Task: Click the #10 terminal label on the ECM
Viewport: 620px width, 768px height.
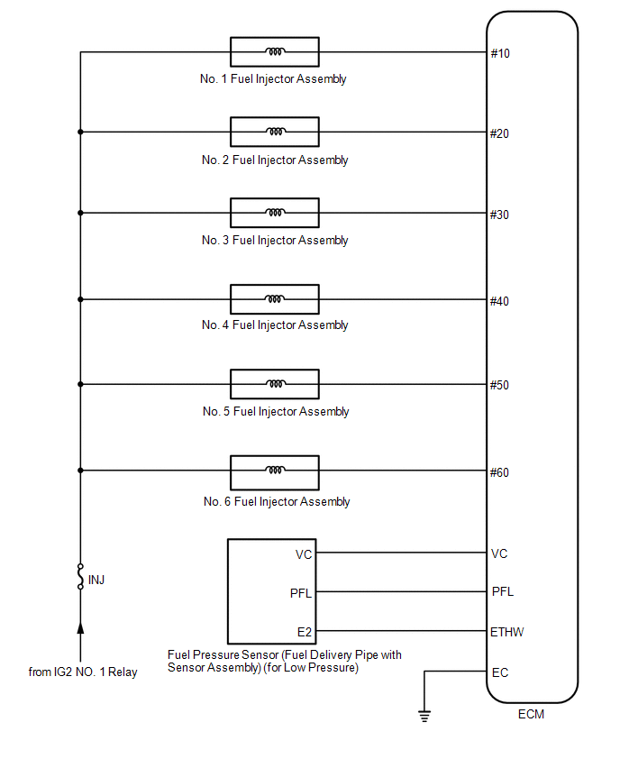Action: tap(500, 53)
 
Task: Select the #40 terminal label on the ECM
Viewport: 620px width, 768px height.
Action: tap(499, 301)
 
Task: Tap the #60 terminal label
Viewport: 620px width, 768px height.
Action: tap(499, 472)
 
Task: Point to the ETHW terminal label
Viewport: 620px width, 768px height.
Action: tap(506, 632)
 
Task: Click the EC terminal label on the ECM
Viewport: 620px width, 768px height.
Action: tap(500, 673)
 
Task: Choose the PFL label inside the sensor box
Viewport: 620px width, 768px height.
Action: tap(301, 594)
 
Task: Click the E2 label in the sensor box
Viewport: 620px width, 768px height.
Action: tap(304, 632)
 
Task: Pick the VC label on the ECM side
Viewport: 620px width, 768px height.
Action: tap(499, 554)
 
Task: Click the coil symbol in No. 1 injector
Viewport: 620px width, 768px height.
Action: tap(275, 51)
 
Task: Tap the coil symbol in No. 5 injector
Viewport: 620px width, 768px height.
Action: tap(275, 383)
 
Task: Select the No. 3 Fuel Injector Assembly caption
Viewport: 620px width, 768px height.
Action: tap(275, 241)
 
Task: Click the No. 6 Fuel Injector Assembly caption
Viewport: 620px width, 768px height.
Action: tap(277, 501)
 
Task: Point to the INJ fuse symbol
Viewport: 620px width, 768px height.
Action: tap(80, 576)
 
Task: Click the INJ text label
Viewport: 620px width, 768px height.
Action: tap(96, 580)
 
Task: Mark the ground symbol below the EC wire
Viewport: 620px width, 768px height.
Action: tap(424, 716)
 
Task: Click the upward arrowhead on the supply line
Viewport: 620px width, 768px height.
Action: tap(80, 627)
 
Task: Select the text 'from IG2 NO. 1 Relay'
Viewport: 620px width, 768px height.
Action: tap(83, 672)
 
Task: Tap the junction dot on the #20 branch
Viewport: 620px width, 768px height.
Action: tap(80, 132)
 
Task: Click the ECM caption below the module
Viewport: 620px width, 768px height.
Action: tap(531, 714)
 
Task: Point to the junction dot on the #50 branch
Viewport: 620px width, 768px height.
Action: tap(80, 384)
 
